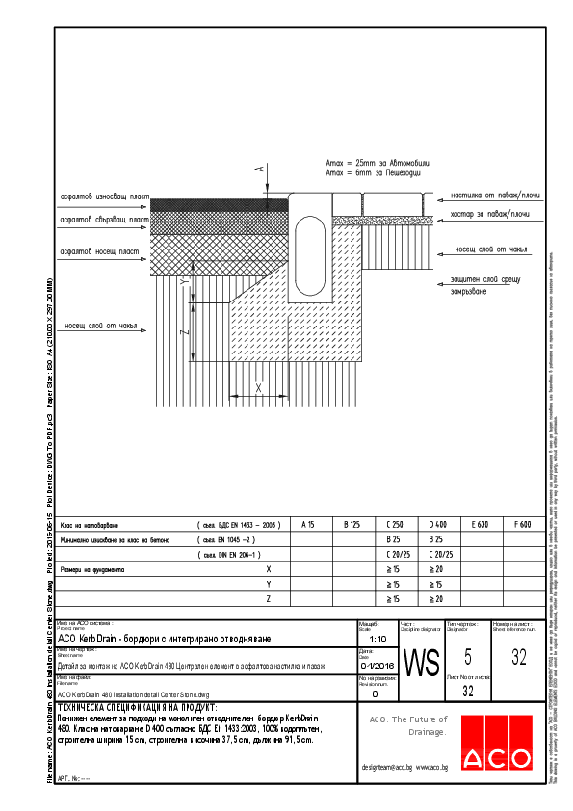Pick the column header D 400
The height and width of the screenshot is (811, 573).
tap(435, 525)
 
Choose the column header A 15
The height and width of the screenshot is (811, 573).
tap(308, 525)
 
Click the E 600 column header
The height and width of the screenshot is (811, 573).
tap(479, 525)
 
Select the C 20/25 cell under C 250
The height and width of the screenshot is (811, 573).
tap(392, 555)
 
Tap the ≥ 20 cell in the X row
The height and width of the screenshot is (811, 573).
tap(435, 570)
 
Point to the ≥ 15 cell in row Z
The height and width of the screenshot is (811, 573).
tap(392, 599)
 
